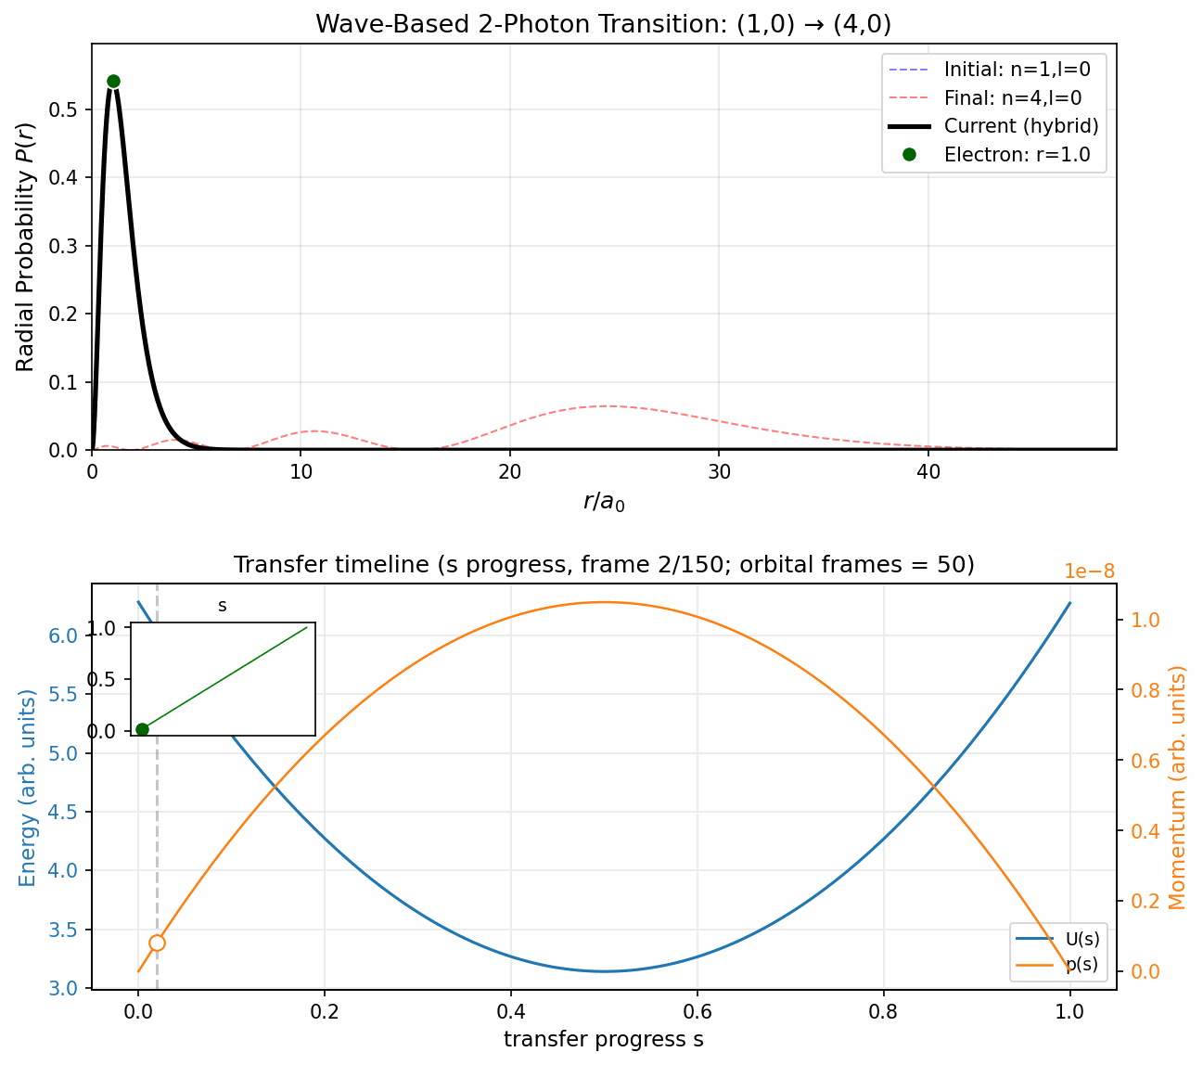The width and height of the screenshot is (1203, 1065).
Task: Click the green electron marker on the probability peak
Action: [113, 81]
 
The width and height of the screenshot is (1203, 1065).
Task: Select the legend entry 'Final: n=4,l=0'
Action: [1012, 97]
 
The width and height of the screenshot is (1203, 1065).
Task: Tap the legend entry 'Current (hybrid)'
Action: [1020, 126]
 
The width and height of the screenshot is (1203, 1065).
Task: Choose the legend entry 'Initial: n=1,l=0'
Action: [1017, 69]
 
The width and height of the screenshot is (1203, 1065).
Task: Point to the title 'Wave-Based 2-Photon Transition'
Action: [603, 24]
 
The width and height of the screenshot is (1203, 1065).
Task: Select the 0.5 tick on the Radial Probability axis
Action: [67, 109]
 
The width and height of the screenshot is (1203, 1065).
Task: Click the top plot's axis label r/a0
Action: [603, 502]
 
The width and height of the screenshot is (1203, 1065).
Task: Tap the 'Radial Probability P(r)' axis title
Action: [25, 247]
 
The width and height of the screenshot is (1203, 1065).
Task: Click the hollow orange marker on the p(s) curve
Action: [157, 943]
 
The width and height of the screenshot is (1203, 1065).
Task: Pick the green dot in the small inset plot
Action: [142, 729]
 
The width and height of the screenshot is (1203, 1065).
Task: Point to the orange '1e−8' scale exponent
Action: [1089, 571]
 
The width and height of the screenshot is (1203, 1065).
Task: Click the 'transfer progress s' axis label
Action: [603, 1040]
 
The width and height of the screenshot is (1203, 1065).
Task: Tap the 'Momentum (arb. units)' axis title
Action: [1177, 787]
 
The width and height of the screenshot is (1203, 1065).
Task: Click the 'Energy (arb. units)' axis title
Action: [29, 787]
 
